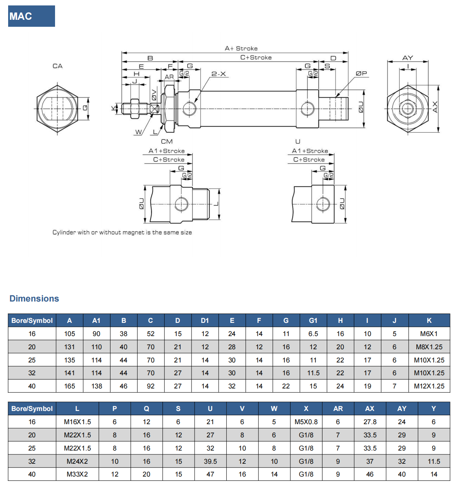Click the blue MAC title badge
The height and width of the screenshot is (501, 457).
pyautogui.click(x=31, y=16)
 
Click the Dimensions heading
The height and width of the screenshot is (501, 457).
pyautogui.click(x=34, y=298)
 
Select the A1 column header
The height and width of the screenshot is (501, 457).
pyautogui.click(x=96, y=321)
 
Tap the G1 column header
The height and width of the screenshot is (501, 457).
pyautogui.click(x=313, y=321)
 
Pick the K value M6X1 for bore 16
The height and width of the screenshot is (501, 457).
pyautogui.click(x=429, y=334)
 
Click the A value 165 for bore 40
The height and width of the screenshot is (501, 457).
pyautogui.click(x=70, y=386)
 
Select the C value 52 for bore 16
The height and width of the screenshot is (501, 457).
pyautogui.click(x=150, y=334)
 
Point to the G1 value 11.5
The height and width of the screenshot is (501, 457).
pyautogui.click(x=313, y=373)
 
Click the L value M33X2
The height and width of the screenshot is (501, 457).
pyautogui.click(x=77, y=474)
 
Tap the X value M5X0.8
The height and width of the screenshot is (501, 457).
pyautogui.click(x=306, y=422)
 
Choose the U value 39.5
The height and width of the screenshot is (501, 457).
pyautogui.click(x=210, y=461)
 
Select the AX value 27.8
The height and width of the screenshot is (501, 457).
pyautogui.click(x=370, y=422)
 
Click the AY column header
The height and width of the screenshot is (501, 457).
pyautogui.click(x=402, y=409)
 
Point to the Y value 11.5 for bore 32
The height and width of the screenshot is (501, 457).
pyautogui.click(x=434, y=461)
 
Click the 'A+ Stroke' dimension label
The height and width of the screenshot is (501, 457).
pyautogui.click(x=241, y=49)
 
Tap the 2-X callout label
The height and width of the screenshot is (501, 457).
pyautogui.click(x=219, y=74)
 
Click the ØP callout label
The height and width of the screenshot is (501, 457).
pyautogui.click(x=361, y=73)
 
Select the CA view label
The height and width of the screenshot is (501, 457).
pyautogui.click(x=57, y=66)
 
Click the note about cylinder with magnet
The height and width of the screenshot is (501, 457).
pyautogui.click(x=122, y=232)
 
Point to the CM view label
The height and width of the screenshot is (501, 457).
pyautogui.click(x=167, y=142)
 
